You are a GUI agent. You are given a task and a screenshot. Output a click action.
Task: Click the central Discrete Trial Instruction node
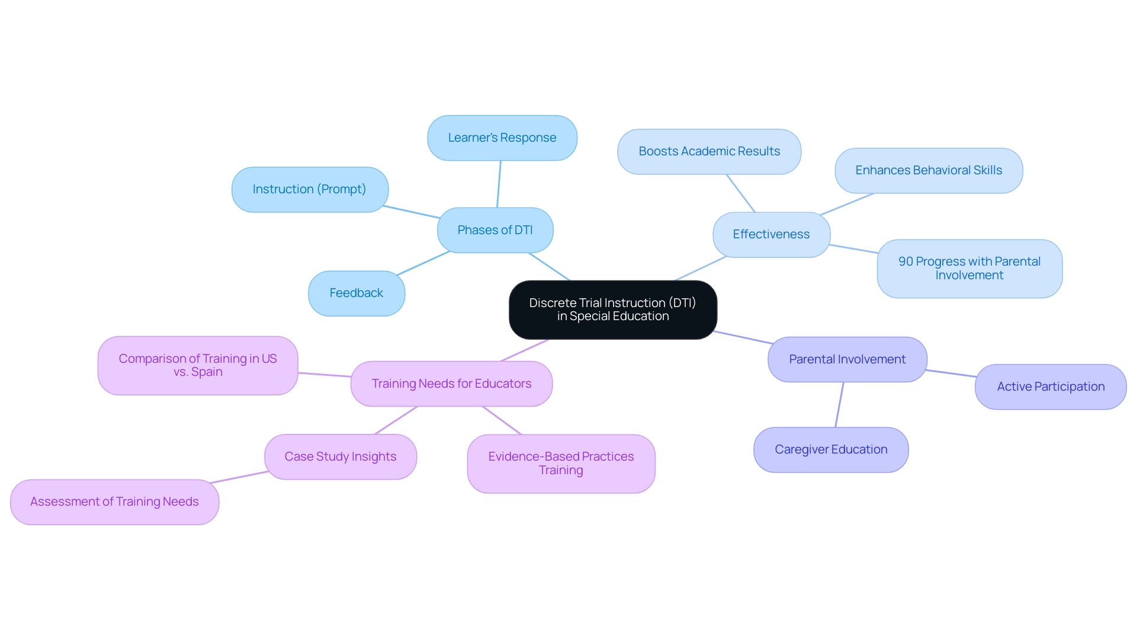pos(612,309)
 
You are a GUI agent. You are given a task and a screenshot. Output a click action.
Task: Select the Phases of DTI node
pos(495,230)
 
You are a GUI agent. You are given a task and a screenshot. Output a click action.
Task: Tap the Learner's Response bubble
pos(502,138)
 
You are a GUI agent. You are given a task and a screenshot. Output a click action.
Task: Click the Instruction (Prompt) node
pos(309,189)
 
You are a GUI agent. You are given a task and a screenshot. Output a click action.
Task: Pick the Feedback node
pos(356,293)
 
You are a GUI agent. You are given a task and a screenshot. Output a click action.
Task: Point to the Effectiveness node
pos(771,234)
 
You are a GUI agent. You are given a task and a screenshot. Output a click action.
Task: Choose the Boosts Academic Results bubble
pos(709,151)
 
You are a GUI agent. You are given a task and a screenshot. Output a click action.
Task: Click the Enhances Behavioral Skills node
pos(929,170)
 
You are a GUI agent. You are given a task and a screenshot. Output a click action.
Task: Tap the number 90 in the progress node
pos(905,261)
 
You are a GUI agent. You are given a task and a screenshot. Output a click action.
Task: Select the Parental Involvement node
pos(847,359)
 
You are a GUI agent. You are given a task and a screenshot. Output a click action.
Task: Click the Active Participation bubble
pos(1051,387)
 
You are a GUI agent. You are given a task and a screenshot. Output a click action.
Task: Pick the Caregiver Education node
pos(831,449)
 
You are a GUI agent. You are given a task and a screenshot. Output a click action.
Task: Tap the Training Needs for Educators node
pos(451,384)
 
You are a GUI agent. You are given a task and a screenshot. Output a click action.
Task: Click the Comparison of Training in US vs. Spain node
pos(198,365)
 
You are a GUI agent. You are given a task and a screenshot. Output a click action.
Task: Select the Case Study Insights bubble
pos(341,456)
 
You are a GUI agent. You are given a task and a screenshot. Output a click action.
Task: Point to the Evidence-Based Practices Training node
pos(561,463)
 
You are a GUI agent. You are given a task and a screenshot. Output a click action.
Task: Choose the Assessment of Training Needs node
pos(114,502)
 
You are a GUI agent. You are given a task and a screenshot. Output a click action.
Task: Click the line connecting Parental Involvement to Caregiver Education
pos(839,405)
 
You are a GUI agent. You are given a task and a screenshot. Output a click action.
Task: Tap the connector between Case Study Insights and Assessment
pos(239,477)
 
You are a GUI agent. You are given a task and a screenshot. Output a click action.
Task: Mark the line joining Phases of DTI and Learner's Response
pos(499,184)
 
